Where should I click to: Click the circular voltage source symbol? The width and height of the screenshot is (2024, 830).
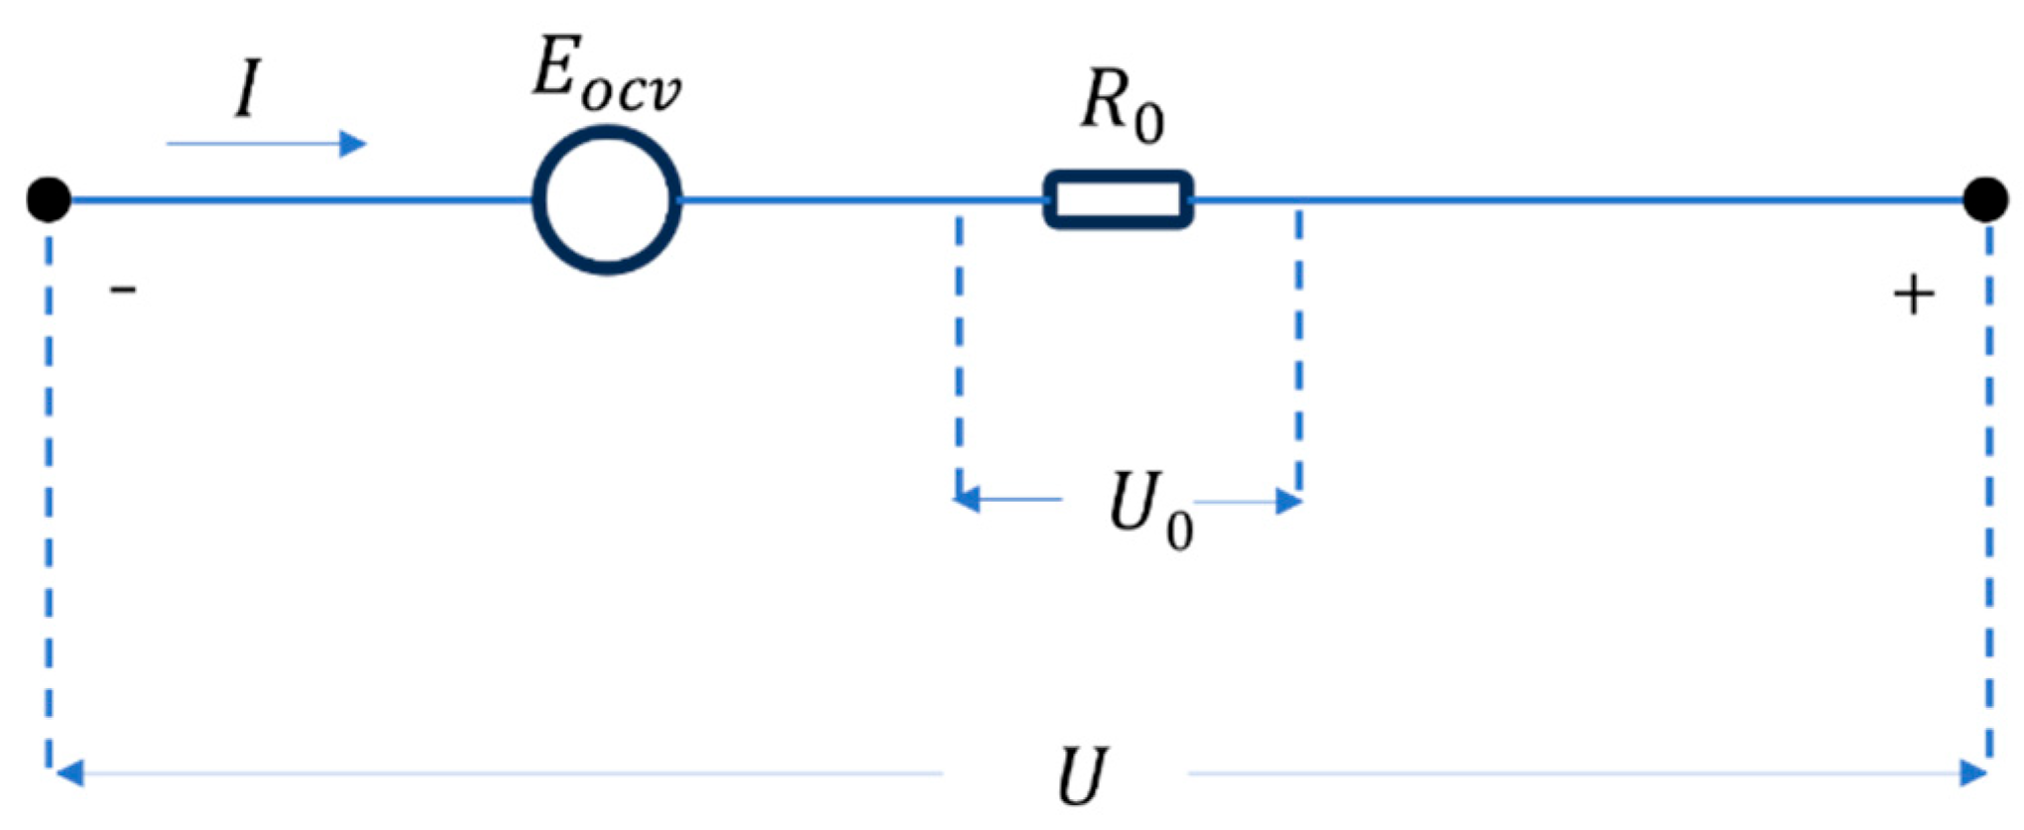coord(607,199)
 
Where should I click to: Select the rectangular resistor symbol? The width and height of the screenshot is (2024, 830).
coord(1119,199)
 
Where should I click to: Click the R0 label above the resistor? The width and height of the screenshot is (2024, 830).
coord(1122,107)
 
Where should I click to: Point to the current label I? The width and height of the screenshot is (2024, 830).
coord(248,89)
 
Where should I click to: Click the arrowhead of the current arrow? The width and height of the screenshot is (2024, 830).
coord(353,144)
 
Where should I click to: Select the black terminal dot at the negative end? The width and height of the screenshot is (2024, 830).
coord(49,199)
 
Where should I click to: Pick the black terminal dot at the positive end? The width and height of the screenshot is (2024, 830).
coord(1985,199)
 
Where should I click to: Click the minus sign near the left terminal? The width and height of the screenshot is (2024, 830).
coord(123,290)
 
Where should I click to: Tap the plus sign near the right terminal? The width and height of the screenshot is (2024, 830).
coord(1913,296)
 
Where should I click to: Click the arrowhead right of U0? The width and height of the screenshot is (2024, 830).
coord(1288,502)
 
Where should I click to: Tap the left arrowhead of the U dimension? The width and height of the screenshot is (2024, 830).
coord(67,772)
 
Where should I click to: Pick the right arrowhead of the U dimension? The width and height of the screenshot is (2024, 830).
coord(1973,772)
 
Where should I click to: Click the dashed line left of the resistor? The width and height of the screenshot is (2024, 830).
coord(959,347)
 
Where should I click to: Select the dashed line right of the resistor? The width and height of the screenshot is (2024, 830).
coord(1299,347)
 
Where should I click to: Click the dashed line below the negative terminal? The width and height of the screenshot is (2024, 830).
coord(49,496)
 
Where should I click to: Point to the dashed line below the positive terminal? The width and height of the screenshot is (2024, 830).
coord(1988,496)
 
